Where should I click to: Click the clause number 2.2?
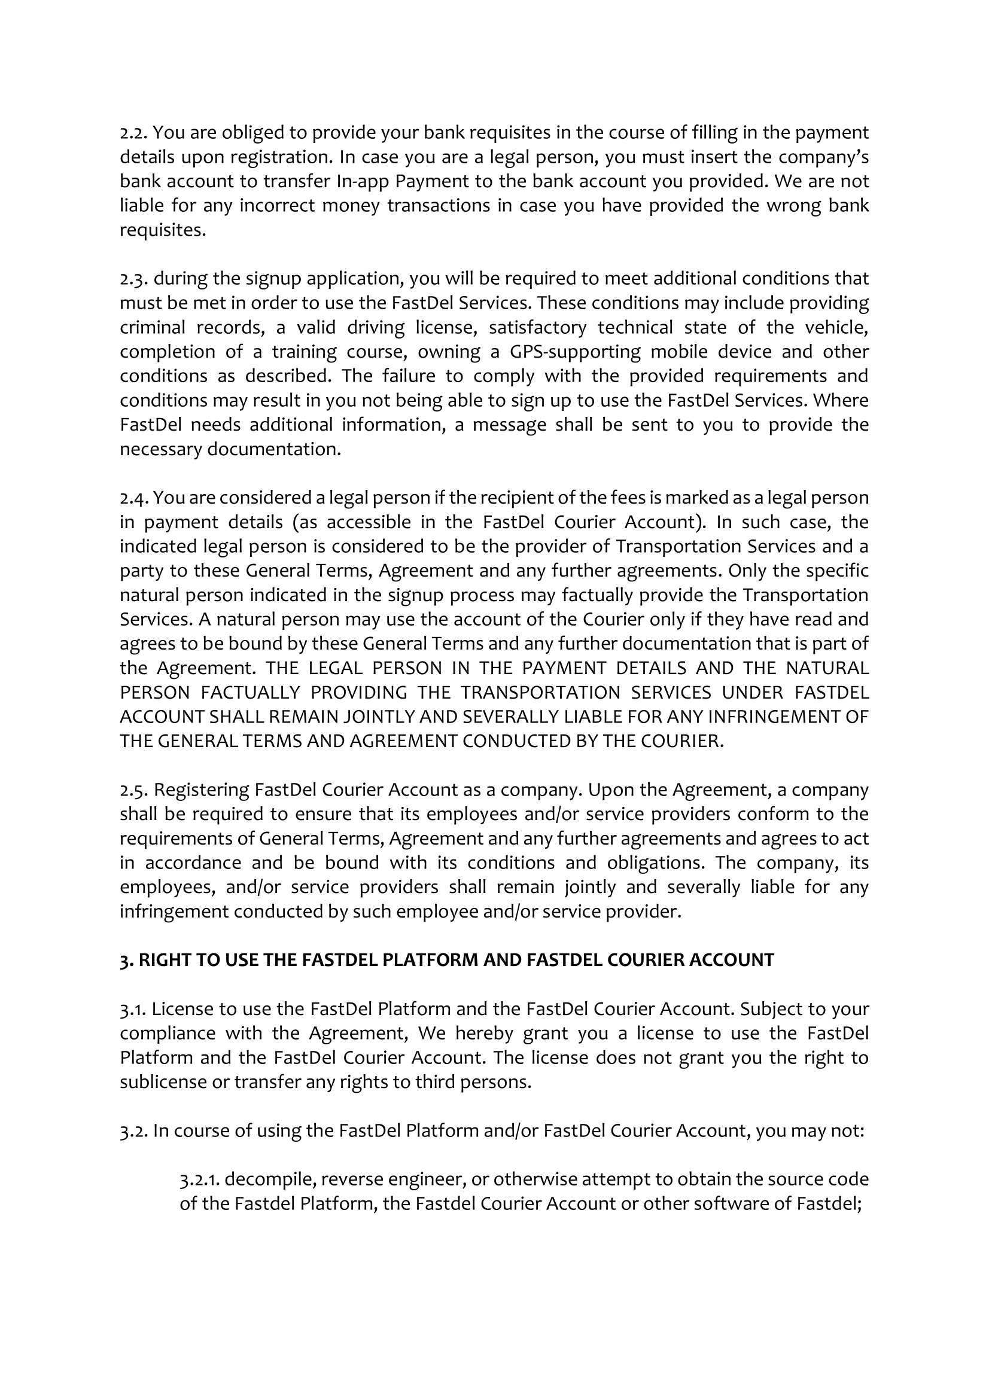tap(133, 133)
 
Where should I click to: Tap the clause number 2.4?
tap(133, 498)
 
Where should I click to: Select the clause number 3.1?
tap(133, 1009)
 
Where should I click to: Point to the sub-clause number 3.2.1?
tap(199, 1179)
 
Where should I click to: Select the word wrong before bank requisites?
tap(790, 206)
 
